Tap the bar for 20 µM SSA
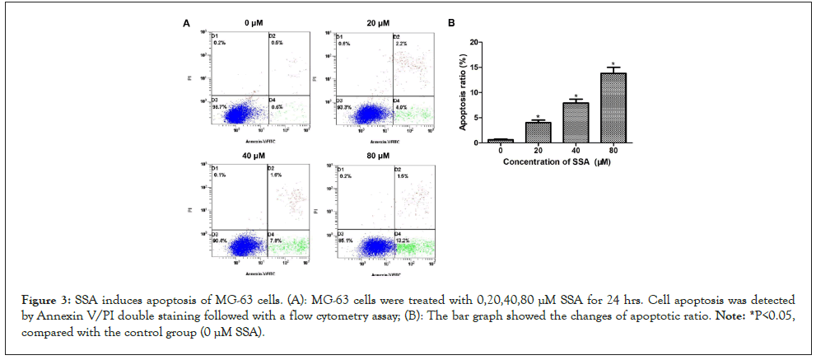538,133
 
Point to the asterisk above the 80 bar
613,64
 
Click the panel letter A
187,25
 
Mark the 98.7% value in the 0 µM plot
218,107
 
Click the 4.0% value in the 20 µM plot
400,107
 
